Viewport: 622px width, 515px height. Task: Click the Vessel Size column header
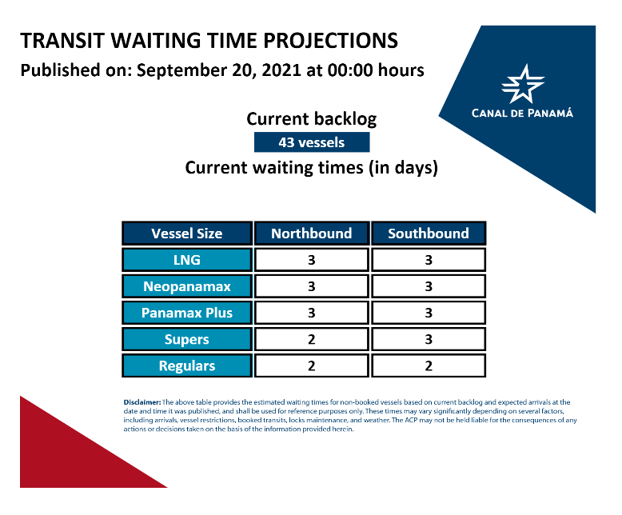point(187,234)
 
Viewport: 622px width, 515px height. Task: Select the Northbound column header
point(311,234)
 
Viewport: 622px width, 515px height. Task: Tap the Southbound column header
point(429,234)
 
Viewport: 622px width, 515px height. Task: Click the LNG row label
point(187,260)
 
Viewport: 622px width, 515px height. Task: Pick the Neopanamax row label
point(187,286)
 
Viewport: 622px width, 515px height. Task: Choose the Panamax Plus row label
point(187,313)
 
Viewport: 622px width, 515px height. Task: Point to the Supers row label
point(187,339)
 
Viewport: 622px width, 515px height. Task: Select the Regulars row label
point(187,365)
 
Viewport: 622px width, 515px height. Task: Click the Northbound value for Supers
point(311,339)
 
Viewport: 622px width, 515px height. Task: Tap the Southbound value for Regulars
point(429,365)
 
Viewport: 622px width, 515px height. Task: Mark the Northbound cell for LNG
point(311,260)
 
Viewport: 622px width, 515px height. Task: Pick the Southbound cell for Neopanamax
point(429,286)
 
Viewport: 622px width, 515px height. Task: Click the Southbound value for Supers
point(429,339)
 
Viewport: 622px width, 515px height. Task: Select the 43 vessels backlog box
point(312,142)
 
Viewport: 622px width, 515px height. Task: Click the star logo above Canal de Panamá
point(523,84)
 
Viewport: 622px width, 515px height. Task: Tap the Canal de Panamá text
point(522,113)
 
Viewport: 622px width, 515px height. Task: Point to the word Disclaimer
point(142,402)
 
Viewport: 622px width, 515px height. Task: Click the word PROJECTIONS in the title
point(330,41)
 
